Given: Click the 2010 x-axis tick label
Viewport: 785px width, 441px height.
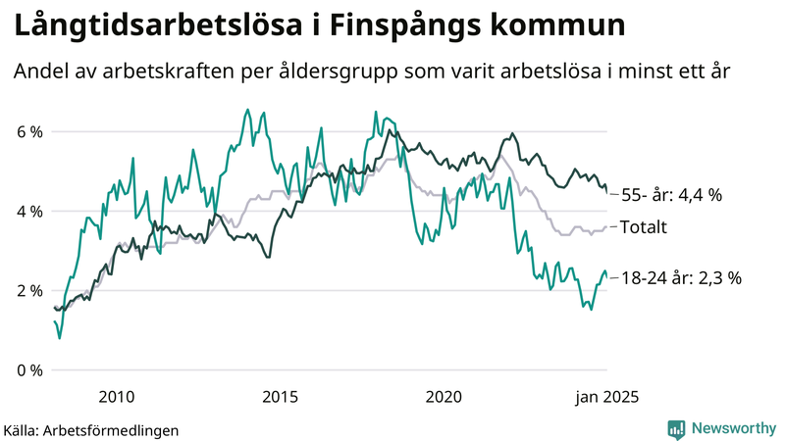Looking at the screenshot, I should tap(117, 397).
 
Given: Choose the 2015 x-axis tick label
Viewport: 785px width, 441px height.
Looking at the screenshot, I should tap(281, 397).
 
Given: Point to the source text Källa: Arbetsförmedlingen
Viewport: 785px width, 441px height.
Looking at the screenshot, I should tap(91, 429).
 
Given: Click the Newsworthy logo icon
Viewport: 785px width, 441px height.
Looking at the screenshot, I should tap(677, 428).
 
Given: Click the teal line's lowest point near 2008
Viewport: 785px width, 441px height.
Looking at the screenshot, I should tap(60, 339).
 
